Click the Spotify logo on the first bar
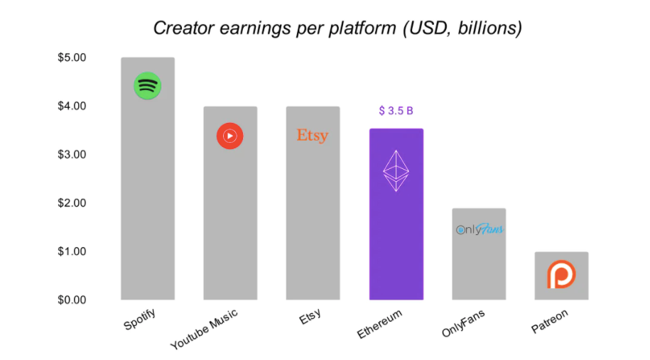coord(148,86)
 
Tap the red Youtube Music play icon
coord(229,136)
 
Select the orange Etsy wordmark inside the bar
coord(313,135)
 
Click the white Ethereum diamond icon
coord(396,170)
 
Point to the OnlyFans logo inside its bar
coord(480,229)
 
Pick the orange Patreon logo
coord(561,274)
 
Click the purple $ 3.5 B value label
coord(396,111)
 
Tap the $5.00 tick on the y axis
coord(72,58)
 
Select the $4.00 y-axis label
coord(72,106)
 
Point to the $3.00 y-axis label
coord(72,155)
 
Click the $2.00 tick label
coord(72,203)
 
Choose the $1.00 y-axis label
coord(72,251)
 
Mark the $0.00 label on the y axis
coord(72,300)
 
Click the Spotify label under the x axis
coord(140,320)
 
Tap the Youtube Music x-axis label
coord(205,329)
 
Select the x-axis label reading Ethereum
coord(380,324)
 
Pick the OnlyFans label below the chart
coord(463,324)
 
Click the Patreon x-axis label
coord(550,321)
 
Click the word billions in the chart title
coord(490,28)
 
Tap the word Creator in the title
coord(184,28)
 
